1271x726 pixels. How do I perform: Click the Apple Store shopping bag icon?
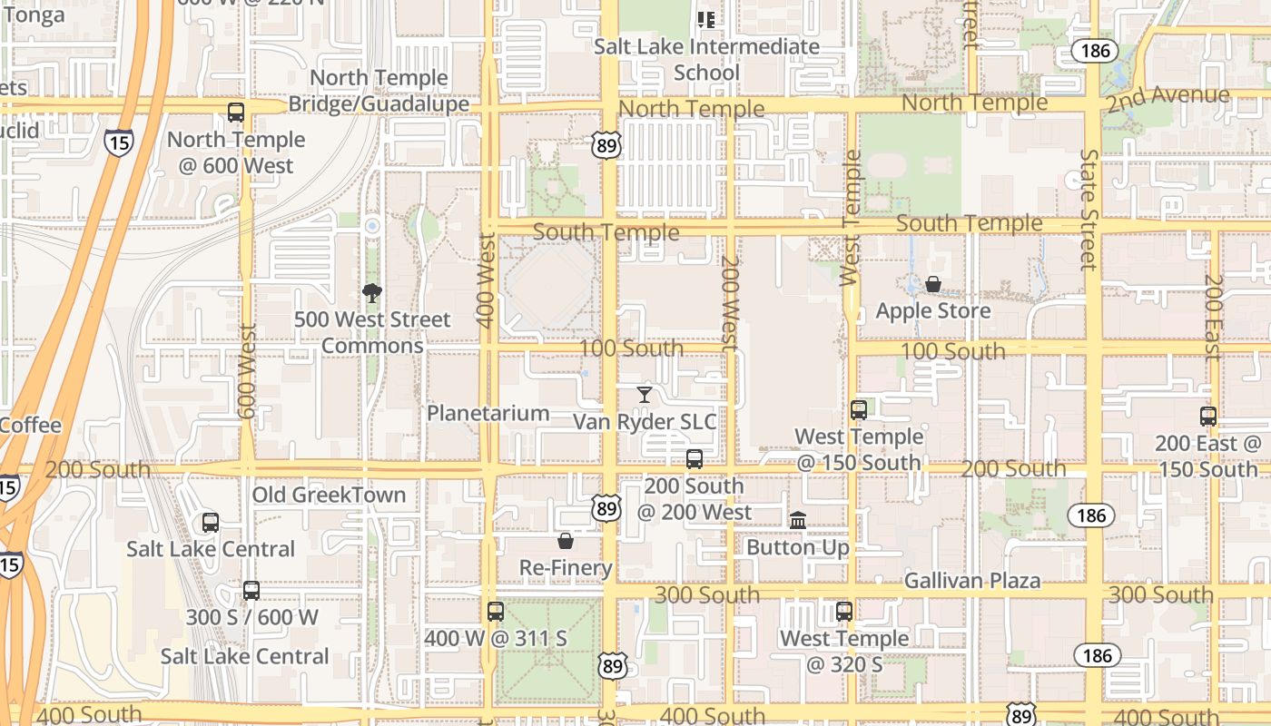[932, 285]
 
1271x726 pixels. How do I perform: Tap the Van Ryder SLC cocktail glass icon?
[644, 395]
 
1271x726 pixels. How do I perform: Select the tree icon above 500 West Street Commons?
[371, 292]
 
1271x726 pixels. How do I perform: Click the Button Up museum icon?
[798, 521]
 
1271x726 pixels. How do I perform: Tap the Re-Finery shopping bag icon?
[566, 542]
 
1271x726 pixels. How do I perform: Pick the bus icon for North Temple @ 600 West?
[236, 113]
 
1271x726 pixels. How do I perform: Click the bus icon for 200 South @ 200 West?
[695, 459]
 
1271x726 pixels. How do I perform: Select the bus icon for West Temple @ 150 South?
[859, 410]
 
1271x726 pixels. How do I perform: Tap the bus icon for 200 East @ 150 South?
[1208, 417]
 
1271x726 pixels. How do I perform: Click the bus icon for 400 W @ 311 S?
[495, 612]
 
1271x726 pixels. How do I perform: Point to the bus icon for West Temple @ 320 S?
[844, 612]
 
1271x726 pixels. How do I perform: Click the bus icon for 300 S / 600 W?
[251, 591]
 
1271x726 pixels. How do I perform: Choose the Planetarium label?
[488, 414]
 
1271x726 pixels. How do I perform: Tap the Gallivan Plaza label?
[972, 581]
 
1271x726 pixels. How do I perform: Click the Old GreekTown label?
[329, 495]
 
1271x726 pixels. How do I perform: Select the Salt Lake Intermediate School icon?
[706, 19]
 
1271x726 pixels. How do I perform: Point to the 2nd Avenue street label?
[1168, 97]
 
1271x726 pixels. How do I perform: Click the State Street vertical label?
[1089, 210]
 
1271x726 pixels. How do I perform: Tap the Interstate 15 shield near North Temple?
[118, 142]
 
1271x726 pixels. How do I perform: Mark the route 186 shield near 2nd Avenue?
[1096, 51]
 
